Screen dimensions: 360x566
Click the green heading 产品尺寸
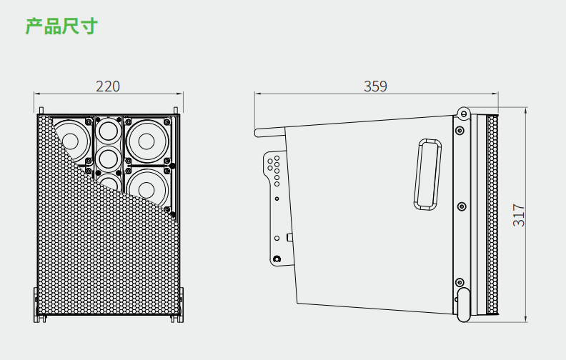tap(61, 27)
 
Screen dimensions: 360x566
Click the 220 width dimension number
tap(108, 86)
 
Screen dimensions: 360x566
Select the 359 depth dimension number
tap(375, 86)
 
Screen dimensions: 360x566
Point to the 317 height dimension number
tap(520, 215)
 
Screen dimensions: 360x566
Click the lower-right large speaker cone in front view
tap(147, 186)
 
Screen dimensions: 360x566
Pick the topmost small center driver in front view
tap(108, 131)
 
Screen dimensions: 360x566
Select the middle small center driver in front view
tap(108, 156)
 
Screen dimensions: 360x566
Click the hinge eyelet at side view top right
tap(463, 112)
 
